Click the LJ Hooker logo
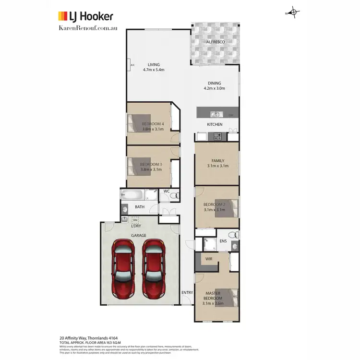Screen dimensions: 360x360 click(85, 16)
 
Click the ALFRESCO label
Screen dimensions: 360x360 click(216, 42)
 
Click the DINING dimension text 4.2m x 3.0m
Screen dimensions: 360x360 click(215, 88)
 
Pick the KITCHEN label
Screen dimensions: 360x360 click(215, 124)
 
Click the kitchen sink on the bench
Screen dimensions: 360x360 click(216, 114)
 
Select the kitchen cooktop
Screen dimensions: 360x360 click(217, 136)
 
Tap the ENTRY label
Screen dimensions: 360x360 click(187, 292)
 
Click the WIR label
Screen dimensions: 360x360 click(209, 259)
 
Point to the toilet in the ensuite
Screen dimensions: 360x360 click(233, 235)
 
